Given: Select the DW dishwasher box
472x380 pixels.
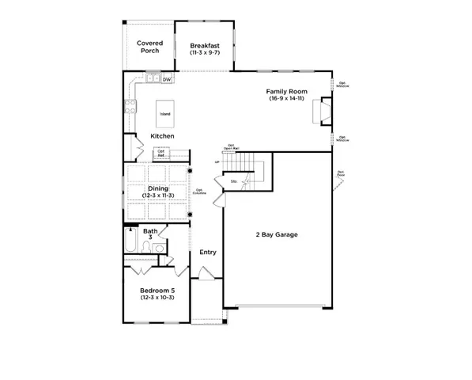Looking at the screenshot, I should coord(167,80).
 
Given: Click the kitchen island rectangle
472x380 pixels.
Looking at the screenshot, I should coord(164,113).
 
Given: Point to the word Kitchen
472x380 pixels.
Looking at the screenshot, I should coord(162,136).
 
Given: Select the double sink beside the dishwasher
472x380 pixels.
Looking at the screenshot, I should coord(150,79).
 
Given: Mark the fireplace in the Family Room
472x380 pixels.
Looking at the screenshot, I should coord(323,112).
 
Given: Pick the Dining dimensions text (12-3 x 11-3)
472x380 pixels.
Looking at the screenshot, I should coord(158,196).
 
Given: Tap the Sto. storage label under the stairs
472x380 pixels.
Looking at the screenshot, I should coord(234,182).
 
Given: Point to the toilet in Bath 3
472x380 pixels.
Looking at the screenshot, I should coord(158,249).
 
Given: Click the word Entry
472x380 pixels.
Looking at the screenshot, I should coord(208,253).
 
